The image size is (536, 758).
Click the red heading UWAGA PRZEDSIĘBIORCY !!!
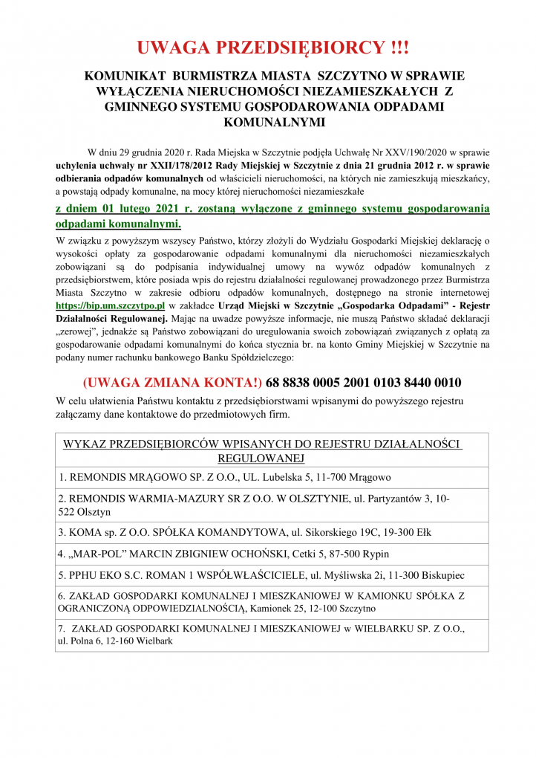click(272, 48)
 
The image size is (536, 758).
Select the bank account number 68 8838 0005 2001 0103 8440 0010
click(363, 383)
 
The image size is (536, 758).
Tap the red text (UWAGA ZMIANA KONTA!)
click(171, 383)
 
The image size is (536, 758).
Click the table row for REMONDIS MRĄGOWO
click(225, 477)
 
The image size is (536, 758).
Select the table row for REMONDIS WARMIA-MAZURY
click(253, 505)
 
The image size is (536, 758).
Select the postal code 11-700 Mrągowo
click(359, 477)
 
